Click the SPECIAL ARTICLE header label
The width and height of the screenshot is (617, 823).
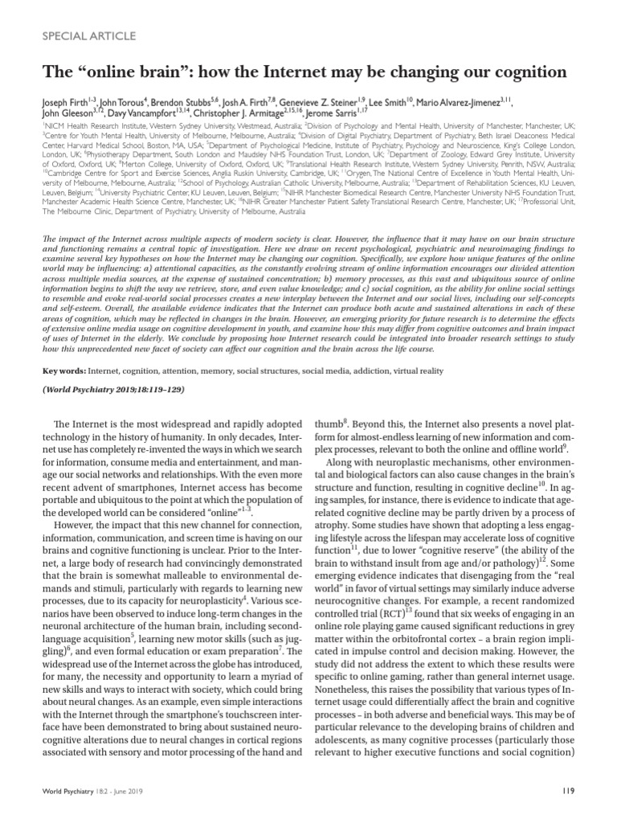(x=84, y=36)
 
